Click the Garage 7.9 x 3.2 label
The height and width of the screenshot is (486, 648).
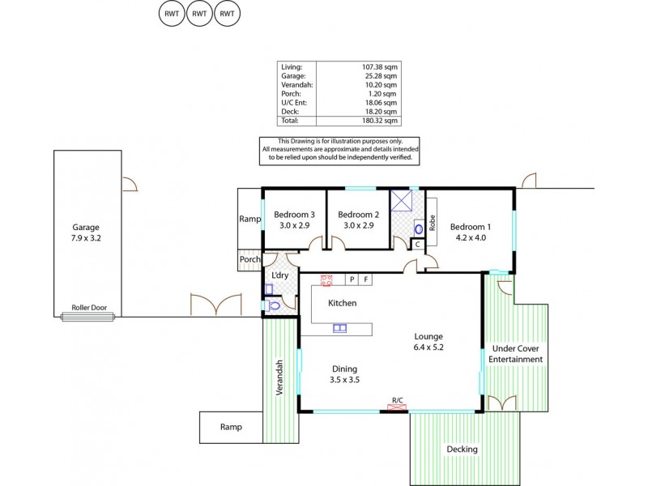86,233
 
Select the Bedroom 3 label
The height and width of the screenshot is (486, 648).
295,220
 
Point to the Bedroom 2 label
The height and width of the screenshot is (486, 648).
358,220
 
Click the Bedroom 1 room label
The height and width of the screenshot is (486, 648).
471,232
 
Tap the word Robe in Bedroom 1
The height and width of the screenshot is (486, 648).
432,224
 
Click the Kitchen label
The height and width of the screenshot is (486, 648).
342,303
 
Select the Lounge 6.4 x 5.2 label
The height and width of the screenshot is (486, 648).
428,342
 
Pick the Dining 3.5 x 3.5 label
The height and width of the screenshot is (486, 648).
343,374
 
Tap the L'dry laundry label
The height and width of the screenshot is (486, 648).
279,276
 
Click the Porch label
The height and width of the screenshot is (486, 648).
249,260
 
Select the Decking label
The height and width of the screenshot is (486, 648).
462,449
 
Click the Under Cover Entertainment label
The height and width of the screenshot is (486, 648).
516,354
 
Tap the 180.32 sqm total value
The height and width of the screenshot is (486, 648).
381,121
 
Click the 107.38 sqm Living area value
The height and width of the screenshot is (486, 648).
381,66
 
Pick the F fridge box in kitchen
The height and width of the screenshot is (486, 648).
366,279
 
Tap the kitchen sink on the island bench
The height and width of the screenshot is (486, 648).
339,328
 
